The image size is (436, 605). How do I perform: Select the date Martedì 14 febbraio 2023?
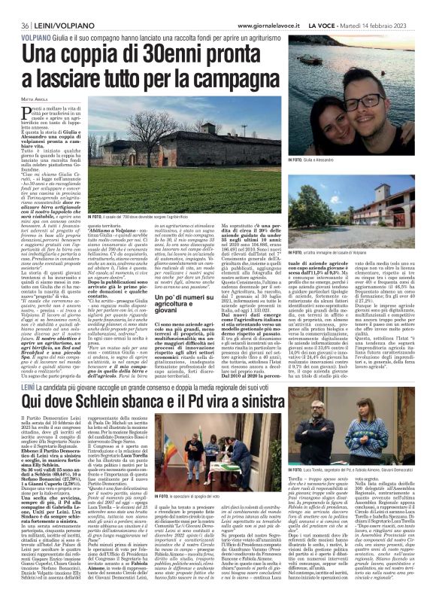(x=398, y=6)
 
